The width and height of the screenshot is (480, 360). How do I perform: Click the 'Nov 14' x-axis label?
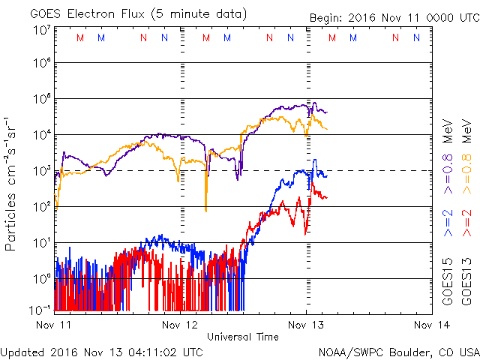click(x=432, y=325)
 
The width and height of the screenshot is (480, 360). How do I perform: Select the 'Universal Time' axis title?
click(x=243, y=337)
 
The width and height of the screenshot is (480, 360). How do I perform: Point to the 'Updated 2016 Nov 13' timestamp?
click(x=101, y=350)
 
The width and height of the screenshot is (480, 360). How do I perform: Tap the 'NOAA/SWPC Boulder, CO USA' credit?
click(x=397, y=350)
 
